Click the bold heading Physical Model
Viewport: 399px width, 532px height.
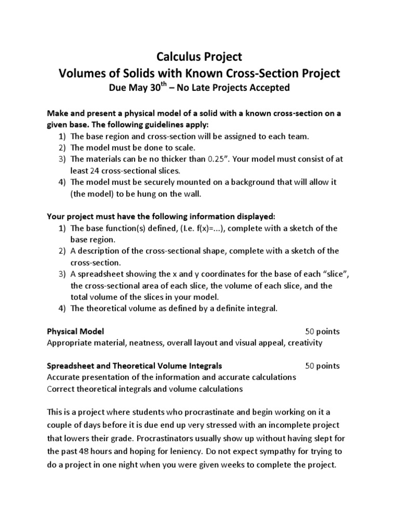tap(75, 331)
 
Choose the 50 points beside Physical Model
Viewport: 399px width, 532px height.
tap(322, 331)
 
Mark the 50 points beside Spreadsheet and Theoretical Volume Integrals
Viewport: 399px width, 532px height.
tap(322, 365)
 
